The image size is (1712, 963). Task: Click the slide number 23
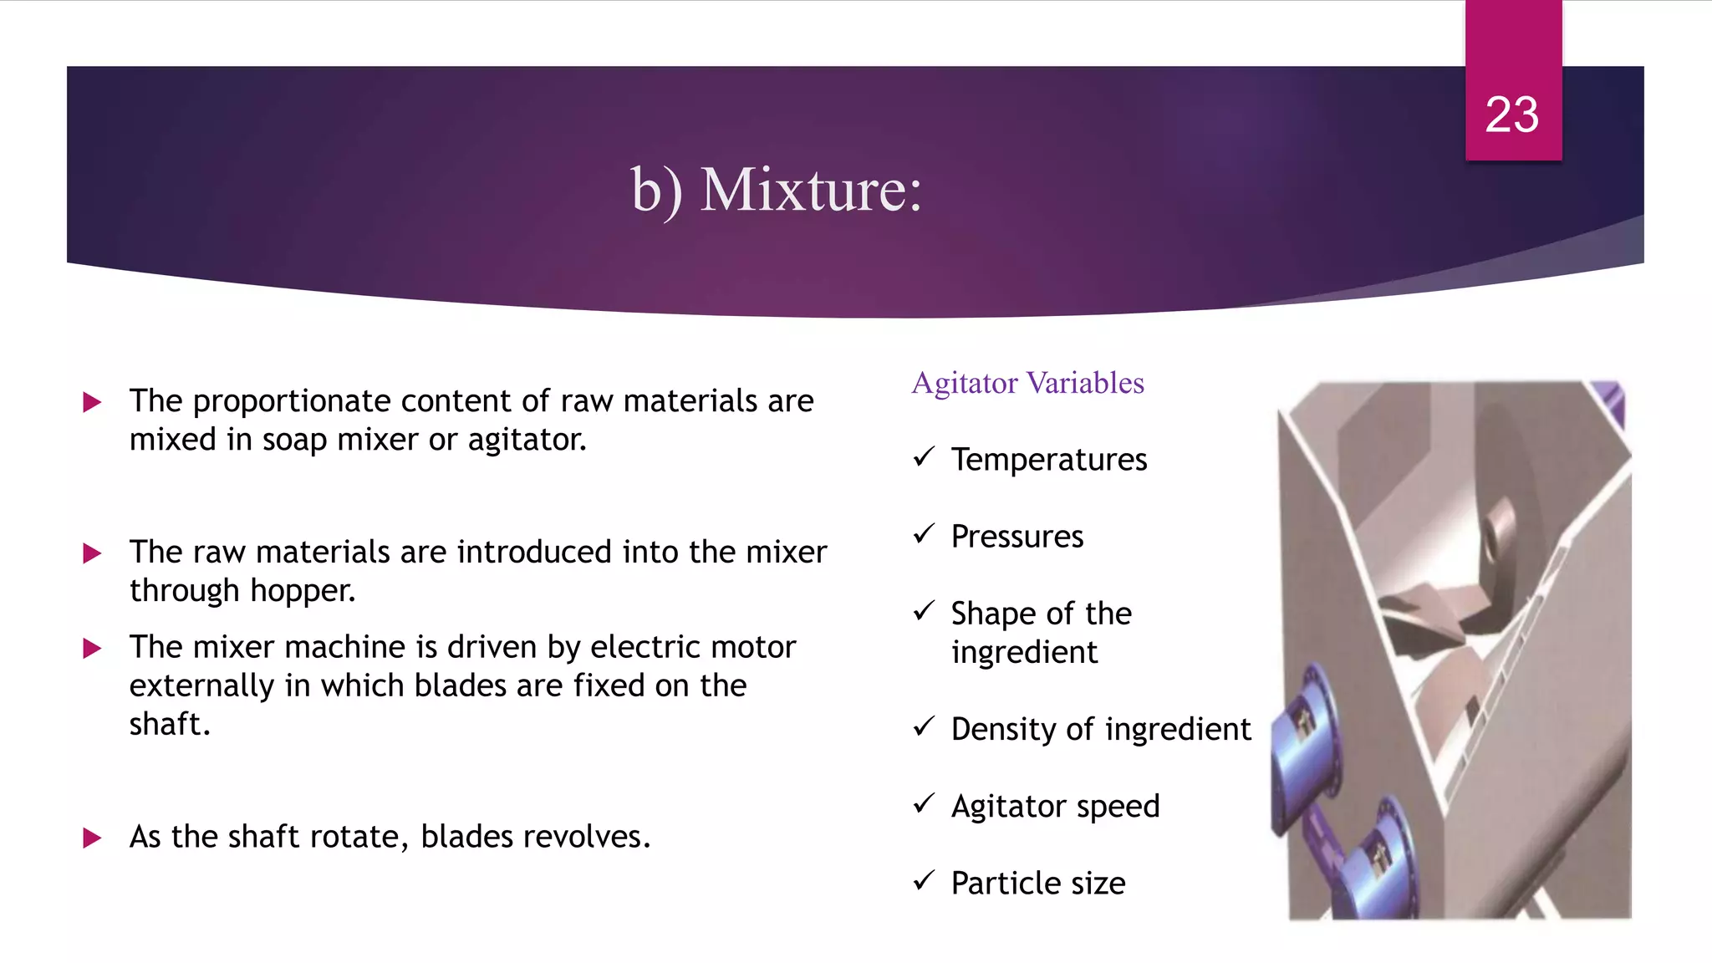1511,115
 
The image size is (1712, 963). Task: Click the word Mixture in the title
810,191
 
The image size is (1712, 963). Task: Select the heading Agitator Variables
1027,383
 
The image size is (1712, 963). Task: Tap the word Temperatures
1048,460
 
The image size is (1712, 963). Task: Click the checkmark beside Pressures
924,533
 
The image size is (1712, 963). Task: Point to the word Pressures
1016,537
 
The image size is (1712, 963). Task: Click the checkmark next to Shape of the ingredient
924,611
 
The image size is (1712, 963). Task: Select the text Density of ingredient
1100,729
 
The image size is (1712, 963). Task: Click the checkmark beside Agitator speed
924,804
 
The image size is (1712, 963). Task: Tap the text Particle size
1037,884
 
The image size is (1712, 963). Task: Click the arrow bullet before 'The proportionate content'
92,403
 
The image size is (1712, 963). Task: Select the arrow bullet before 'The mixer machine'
92,649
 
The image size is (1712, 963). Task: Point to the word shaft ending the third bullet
166,724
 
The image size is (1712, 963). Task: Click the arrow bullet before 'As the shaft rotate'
92,838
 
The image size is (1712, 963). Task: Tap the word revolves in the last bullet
592,837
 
